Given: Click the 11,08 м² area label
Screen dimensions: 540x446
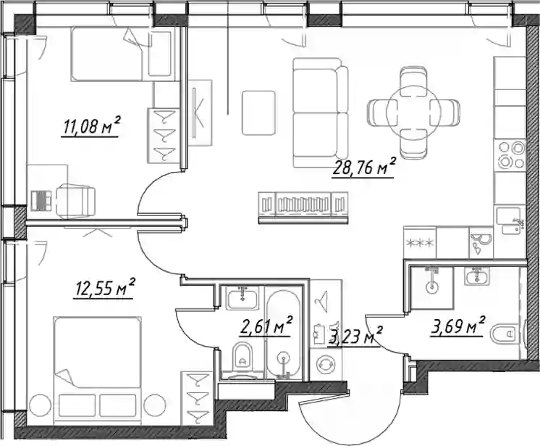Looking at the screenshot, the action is click(90, 126).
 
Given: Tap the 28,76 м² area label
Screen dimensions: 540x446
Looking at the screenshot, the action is click(363, 168).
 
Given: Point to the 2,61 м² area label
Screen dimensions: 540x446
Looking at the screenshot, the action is click(266, 326).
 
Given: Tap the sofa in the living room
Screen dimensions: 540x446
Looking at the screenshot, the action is click(320, 113).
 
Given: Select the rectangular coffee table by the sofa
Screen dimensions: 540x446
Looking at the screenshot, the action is click(258, 113).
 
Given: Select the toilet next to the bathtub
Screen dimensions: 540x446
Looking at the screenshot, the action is click(242, 355).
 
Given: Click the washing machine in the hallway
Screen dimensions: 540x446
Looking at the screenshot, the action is click(326, 364).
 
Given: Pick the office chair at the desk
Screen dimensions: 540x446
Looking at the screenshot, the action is click(75, 200).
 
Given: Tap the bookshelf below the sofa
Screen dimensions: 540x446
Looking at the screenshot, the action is click(303, 207).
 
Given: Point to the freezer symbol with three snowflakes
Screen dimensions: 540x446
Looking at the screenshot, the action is click(420, 243).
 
